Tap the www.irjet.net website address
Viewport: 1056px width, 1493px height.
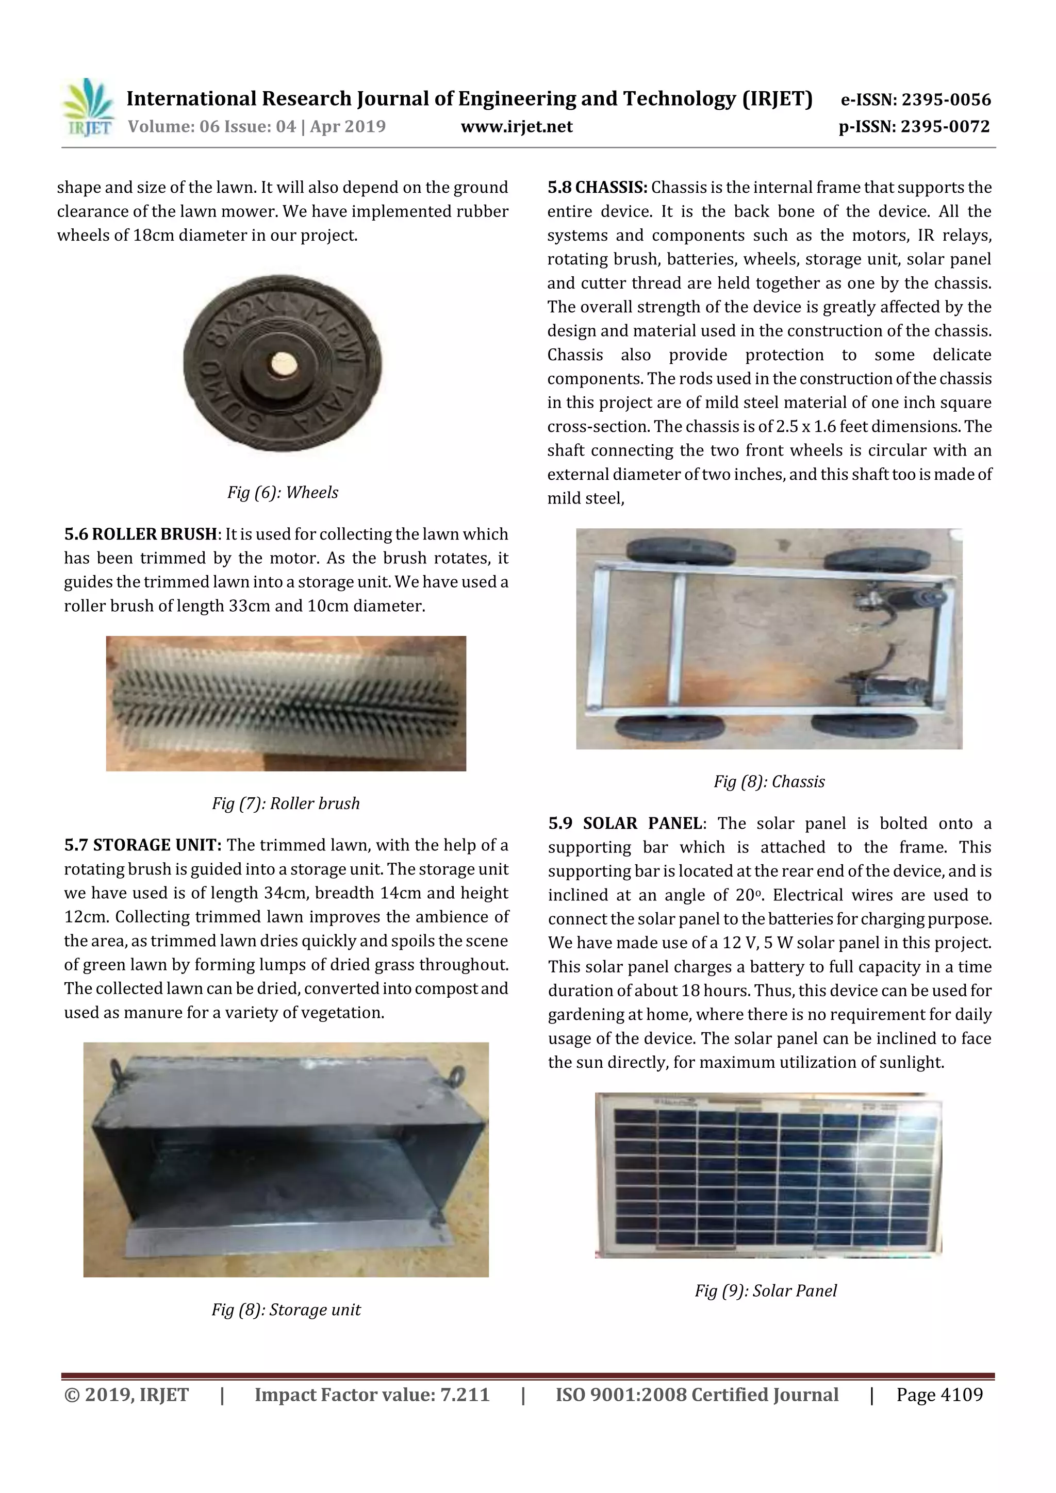(x=517, y=127)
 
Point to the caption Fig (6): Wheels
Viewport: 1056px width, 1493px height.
(x=283, y=492)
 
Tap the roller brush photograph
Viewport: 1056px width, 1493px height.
(x=286, y=703)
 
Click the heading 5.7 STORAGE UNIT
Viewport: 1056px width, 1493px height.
(x=143, y=845)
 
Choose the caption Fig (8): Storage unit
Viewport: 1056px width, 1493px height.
(x=286, y=1309)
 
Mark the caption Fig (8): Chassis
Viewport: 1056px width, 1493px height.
(x=769, y=782)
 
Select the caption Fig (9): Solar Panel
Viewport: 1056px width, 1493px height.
(x=766, y=1291)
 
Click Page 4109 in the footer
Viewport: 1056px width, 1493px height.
(x=939, y=1394)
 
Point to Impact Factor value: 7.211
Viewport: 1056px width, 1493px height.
(x=372, y=1394)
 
